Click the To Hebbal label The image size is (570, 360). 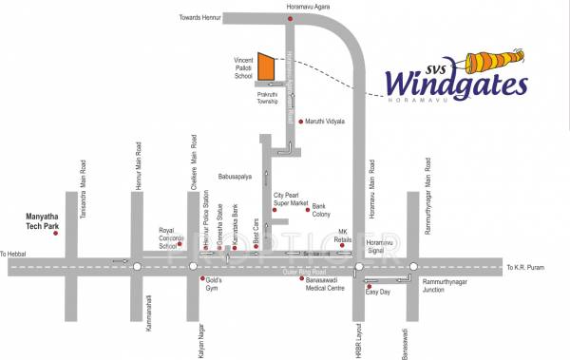click(15, 255)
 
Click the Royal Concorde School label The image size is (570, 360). click(168, 238)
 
